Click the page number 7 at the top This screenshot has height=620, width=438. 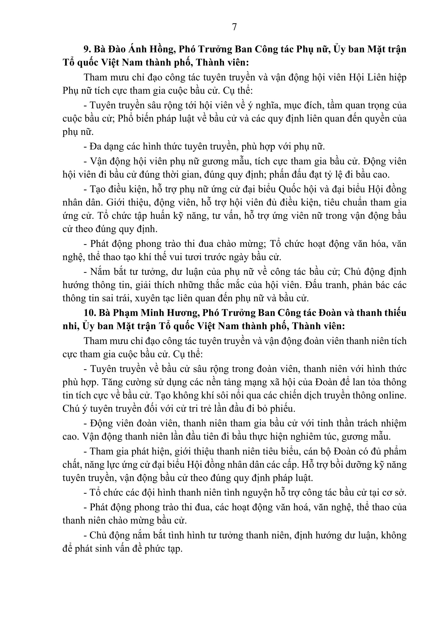click(234, 27)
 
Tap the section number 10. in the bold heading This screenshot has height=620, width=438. click(90, 313)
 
